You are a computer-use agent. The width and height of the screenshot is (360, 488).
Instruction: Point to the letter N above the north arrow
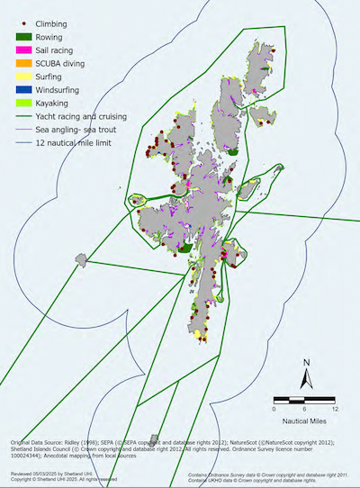(x=307, y=362)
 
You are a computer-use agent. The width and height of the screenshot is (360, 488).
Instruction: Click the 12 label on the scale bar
(x=333, y=409)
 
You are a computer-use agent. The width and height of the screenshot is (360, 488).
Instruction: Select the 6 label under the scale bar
(x=303, y=409)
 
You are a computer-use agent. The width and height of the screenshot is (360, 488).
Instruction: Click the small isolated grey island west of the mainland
(x=83, y=261)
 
